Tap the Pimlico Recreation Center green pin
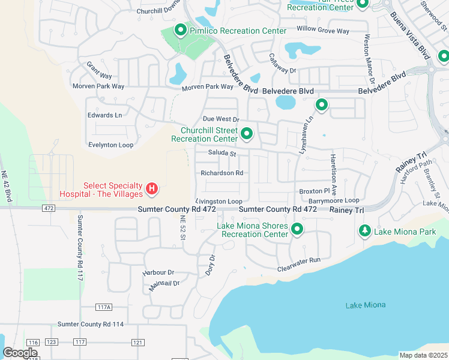pyautogui.click(x=179, y=29)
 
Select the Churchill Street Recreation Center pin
pyautogui.click(x=246, y=133)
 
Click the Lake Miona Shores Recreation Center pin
pyautogui.click(x=297, y=229)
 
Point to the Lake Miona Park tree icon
pyautogui.click(x=364, y=230)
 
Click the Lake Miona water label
pyautogui.click(x=366, y=305)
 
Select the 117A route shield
pyautogui.click(x=104, y=307)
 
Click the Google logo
pyautogui.click(x=20, y=353)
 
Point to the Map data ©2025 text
pyautogui.click(x=423, y=355)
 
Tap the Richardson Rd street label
pyautogui.click(x=221, y=173)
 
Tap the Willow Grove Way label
pyautogui.click(x=323, y=30)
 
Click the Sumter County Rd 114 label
pyautogui.click(x=91, y=324)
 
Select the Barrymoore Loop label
pyautogui.click(x=334, y=200)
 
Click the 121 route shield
pyautogui.click(x=138, y=342)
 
